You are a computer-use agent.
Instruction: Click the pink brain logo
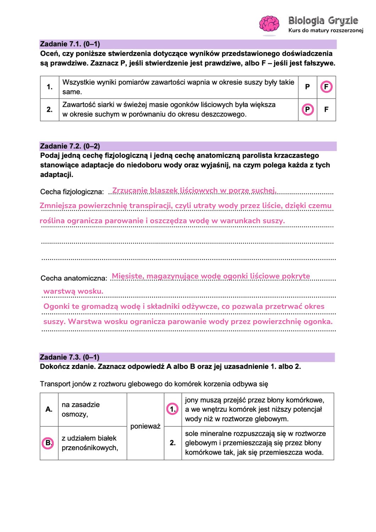pos(269,24)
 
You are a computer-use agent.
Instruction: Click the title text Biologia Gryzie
pos(323,21)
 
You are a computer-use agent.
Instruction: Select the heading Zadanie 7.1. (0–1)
pos(70,44)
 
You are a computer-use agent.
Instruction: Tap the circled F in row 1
pos(326,87)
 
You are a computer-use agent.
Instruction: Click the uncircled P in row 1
pos(307,87)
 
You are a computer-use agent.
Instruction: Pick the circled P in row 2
pos(308,110)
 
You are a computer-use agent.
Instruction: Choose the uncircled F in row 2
pos(326,110)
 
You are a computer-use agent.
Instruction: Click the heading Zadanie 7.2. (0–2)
pos(70,146)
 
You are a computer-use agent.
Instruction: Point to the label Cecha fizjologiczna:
pos(72,192)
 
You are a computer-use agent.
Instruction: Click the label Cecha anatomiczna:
pos(74,278)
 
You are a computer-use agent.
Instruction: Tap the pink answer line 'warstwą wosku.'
pos(73,291)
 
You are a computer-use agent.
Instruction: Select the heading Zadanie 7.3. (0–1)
pos(69,357)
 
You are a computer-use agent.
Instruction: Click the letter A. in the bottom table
pos(49,409)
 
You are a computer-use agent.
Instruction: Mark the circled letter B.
pos(48,443)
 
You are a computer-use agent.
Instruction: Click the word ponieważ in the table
pos(145,426)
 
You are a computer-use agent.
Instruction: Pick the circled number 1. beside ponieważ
pos(173,409)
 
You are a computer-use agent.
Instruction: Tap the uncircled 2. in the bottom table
pos(173,443)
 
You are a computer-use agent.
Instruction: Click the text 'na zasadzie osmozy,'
pos(80,409)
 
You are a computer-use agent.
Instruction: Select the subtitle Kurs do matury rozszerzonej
pos(326,31)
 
